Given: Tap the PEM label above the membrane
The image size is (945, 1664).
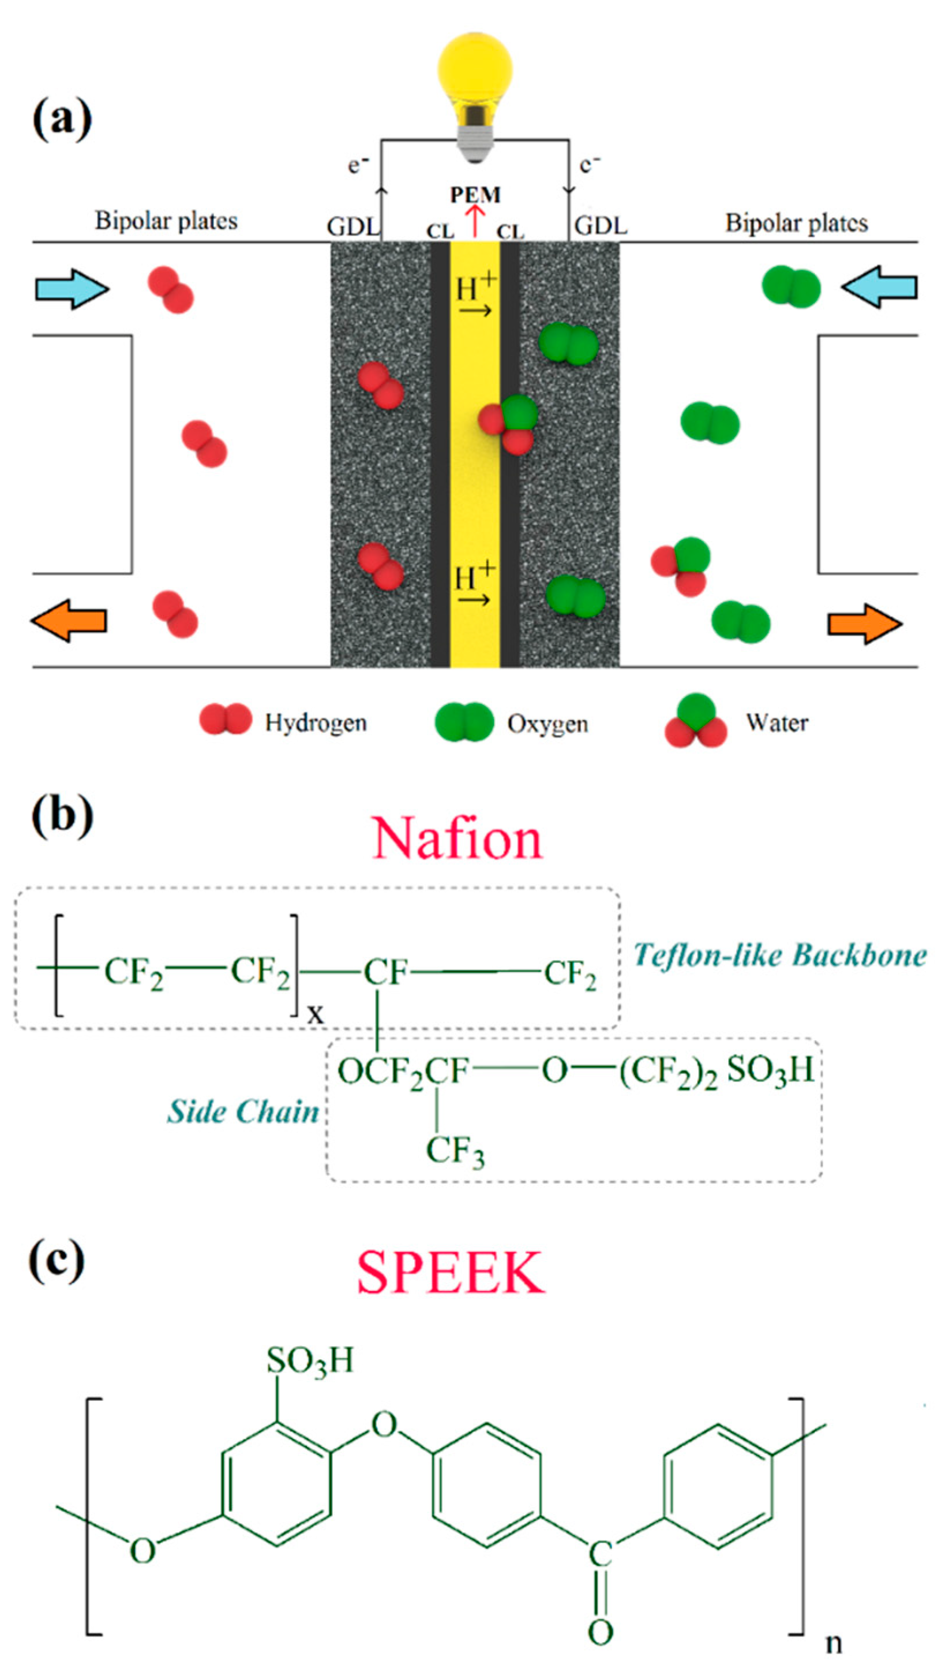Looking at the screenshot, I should pyautogui.click(x=476, y=195).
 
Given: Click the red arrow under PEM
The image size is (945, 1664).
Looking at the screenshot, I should pyautogui.click(x=476, y=221).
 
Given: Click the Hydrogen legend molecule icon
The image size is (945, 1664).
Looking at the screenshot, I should pyautogui.click(x=225, y=719).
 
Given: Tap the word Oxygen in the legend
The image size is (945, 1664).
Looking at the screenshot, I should pyautogui.click(x=547, y=723).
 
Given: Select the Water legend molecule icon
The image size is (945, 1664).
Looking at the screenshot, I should pyautogui.click(x=695, y=721).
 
